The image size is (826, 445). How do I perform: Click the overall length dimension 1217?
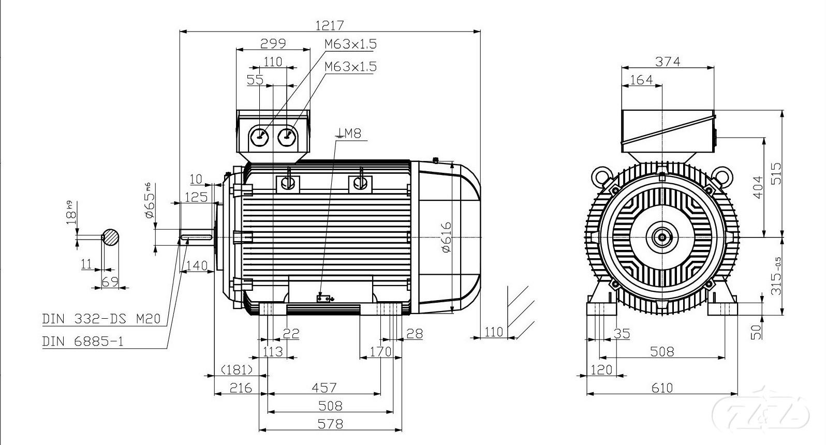[329, 24]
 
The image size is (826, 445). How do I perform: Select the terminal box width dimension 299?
[273, 43]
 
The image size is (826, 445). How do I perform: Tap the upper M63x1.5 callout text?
[350, 44]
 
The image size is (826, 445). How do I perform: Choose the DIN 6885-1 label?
[83, 342]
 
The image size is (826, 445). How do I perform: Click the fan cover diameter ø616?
[446, 237]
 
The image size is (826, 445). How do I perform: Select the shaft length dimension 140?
[196, 265]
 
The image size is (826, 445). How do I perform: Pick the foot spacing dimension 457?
[325, 388]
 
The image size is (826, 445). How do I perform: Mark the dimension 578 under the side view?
[330, 424]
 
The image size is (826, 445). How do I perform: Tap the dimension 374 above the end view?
[668, 61]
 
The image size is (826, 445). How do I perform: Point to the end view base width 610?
[662, 388]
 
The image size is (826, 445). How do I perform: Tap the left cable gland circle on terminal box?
[258, 137]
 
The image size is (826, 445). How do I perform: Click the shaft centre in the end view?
[662, 238]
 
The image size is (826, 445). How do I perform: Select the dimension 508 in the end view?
[662, 352]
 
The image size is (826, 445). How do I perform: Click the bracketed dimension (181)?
[237, 369]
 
